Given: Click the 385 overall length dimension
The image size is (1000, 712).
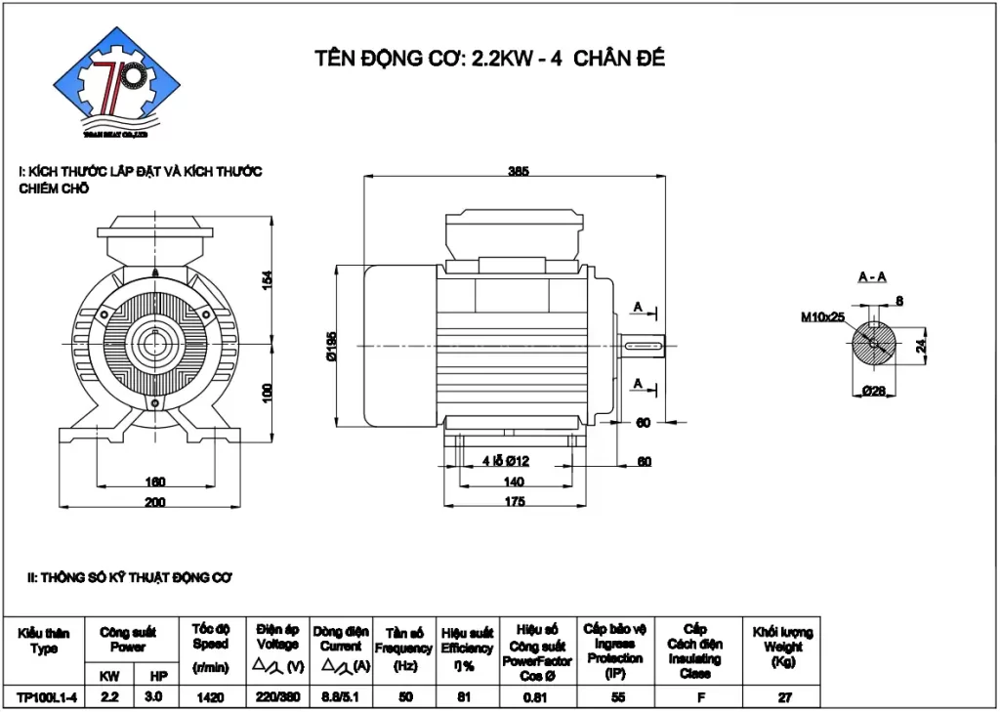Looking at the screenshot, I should point(519,171).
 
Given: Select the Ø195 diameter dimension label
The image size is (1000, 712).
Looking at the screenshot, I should point(332,347).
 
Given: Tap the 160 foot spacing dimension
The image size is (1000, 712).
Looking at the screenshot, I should point(155,482).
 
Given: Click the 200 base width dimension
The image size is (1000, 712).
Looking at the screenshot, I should point(155,502).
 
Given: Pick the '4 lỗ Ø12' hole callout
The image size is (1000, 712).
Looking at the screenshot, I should point(505,461).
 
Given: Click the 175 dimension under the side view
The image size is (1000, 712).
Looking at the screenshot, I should point(515,502).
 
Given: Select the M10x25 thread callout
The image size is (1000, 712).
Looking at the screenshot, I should point(822,317).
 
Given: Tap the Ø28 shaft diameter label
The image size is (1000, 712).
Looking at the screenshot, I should point(873,391).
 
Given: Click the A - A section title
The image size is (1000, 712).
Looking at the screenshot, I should point(872,277).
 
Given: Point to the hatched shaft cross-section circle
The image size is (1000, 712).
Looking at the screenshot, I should point(872,345).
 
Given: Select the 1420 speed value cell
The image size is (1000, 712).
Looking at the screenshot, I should point(210,697).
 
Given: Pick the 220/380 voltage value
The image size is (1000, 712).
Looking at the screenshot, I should point(277,697).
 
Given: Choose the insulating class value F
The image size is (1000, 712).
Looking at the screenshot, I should point(694,697).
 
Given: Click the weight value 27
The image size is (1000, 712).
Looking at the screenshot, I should point(782,697).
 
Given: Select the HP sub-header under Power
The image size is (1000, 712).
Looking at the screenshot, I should point(157,676).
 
